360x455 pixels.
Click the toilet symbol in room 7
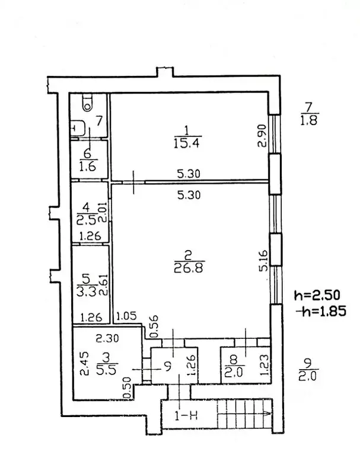[x=87, y=102]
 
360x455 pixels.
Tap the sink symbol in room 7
[x=78, y=128]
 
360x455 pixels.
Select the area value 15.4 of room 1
[x=186, y=143]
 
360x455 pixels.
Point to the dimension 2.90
[x=262, y=136]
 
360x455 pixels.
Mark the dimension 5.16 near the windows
[x=263, y=261]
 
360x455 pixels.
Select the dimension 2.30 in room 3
[x=107, y=338]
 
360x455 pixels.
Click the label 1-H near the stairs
[x=186, y=416]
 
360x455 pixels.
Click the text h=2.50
[x=317, y=296]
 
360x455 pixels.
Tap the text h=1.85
[x=321, y=312]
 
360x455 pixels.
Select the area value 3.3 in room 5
[x=87, y=292]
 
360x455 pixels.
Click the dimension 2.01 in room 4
[x=103, y=213]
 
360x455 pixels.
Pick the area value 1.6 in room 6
[x=87, y=167]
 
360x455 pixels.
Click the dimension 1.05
[x=126, y=316]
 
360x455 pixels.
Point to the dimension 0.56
[x=155, y=327]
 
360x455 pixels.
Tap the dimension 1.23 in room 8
[x=265, y=365]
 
